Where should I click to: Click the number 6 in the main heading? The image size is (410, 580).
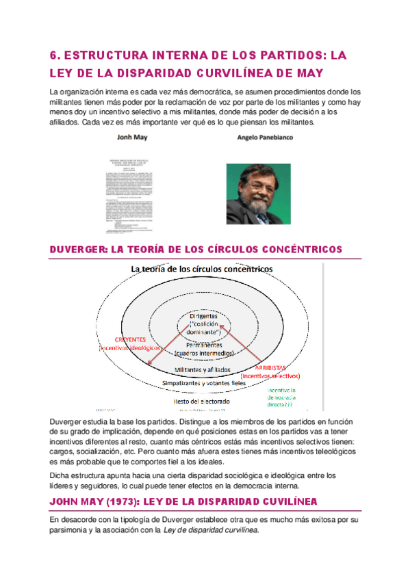click(x=54, y=54)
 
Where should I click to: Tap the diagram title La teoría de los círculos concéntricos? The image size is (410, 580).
click(x=201, y=269)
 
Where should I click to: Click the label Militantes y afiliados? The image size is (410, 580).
click(x=203, y=369)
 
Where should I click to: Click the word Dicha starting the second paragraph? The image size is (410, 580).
click(x=62, y=475)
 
